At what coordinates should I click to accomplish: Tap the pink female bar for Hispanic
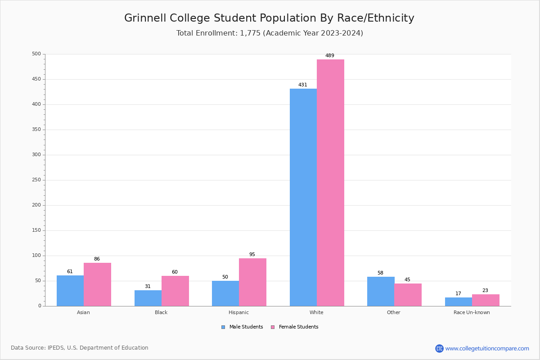coord(252,282)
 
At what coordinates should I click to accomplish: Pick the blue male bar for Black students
coord(148,298)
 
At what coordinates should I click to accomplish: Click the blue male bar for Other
coord(381,291)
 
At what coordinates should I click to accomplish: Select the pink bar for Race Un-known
coord(486,300)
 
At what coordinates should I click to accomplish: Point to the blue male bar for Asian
coord(70,291)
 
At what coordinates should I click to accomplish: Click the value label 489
coord(330,56)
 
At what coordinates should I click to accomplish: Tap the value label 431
coord(303,85)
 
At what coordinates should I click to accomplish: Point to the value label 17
coord(458,294)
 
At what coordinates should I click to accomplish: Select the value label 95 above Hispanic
coord(252,255)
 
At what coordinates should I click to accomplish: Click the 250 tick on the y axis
coord(36,180)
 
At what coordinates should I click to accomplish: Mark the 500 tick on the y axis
coord(36,54)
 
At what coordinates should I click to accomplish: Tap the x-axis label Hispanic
coord(238,312)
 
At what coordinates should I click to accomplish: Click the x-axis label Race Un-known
coord(472,312)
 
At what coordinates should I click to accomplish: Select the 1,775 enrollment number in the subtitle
coord(250,33)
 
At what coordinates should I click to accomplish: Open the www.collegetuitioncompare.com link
coord(487,348)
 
